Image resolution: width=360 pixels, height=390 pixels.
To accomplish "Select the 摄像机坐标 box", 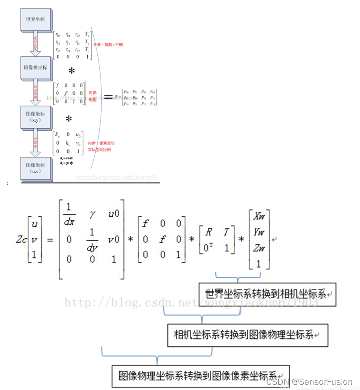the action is pyautogui.click(x=35, y=67).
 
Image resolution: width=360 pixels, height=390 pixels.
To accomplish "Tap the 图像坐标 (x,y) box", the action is pyautogui.click(x=35, y=117).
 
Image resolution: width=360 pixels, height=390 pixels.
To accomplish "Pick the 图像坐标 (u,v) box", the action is pyautogui.click(x=35, y=167).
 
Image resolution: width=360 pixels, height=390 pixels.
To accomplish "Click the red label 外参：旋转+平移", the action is pyautogui.click(x=107, y=45).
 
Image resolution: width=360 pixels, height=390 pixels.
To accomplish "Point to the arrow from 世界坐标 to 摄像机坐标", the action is pyautogui.click(x=35, y=44).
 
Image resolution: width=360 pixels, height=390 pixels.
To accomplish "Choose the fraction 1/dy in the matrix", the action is pyautogui.click(x=92, y=239).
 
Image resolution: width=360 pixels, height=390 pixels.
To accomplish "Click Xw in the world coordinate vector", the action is pyautogui.click(x=259, y=217).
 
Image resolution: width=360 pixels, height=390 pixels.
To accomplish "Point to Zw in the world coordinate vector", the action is pyautogui.click(x=259, y=248).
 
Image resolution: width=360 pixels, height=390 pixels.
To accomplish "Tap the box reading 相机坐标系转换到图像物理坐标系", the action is pyautogui.click(x=247, y=334).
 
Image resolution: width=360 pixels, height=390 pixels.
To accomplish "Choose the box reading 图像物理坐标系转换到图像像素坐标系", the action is pyautogui.click(x=200, y=376).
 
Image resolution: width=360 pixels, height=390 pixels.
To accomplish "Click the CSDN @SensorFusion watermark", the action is pyautogui.click(x=316, y=382).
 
